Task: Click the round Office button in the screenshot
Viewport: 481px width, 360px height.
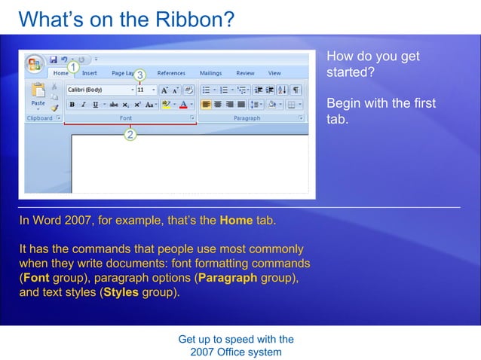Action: tap(35, 63)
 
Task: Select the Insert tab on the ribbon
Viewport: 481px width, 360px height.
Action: tap(89, 73)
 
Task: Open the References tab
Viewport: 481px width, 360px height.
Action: tap(171, 73)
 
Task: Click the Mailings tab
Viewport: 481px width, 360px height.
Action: tap(210, 73)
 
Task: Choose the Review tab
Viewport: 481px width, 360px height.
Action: tap(245, 73)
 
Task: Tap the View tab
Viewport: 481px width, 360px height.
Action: tap(274, 73)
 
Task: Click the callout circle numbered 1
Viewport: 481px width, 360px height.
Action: tap(73, 67)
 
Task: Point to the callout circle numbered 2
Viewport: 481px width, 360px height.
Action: tap(130, 135)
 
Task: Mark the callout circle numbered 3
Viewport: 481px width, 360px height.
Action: tap(139, 75)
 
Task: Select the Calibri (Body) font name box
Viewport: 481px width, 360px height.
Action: tap(98, 90)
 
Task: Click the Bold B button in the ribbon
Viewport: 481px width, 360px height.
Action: tap(71, 105)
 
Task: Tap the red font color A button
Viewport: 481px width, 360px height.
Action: tap(183, 105)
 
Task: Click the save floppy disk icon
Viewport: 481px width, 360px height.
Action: tap(54, 59)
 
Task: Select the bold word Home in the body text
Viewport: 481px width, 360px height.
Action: tap(235, 221)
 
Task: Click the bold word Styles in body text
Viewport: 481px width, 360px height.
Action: tap(121, 292)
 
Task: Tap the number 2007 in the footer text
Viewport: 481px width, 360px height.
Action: tap(203, 352)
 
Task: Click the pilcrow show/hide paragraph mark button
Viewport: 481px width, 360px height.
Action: tap(297, 90)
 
